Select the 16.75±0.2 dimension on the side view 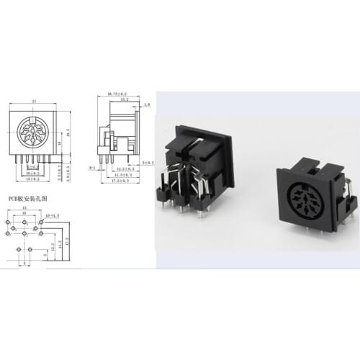[117, 94]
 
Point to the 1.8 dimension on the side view [147, 105]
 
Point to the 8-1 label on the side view [91, 167]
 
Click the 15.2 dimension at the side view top [123, 99]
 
